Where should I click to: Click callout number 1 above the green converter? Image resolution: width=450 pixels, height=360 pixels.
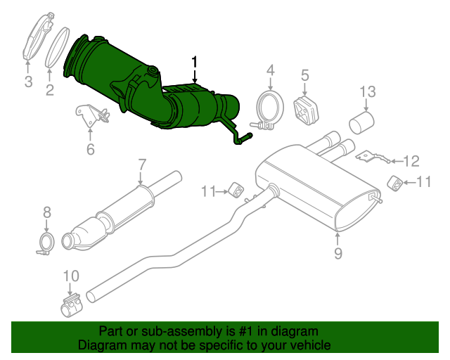(195, 63)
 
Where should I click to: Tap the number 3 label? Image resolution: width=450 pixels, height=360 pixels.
(28, 82)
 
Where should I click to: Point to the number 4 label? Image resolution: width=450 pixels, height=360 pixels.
(270, 70)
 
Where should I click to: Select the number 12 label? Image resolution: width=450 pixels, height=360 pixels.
(411, 161)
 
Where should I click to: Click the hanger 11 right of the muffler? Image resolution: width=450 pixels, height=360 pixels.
(396, 184)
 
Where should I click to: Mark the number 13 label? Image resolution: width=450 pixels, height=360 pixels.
(368, 91)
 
